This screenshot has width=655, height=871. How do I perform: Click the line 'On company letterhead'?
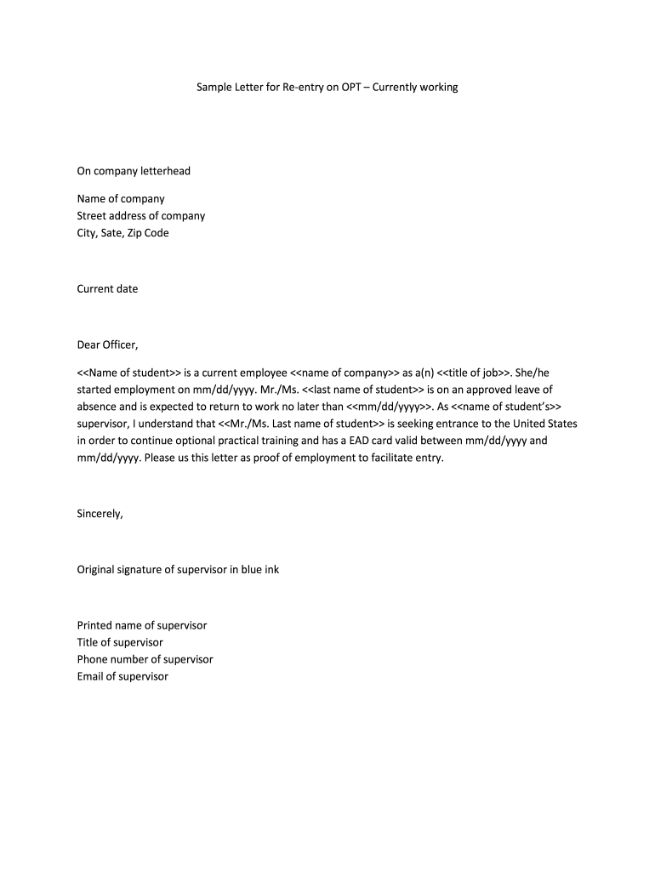pyautogui.click(x=134, y=171)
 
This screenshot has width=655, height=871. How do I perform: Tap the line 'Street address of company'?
pyautogui.click(x=141, y=216)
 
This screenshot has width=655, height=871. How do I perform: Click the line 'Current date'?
pyautogui.click(x=107, y=288)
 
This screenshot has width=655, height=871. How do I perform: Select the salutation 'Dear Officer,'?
pyautogui.click(x=107, y=344)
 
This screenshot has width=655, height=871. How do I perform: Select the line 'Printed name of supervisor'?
pyautogui.click(x=142, y=625)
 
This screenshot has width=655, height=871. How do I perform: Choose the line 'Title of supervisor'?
pyautogui.click(x=120, y=642)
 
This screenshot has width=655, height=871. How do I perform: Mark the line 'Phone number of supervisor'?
pyautogui.click(x=145, y=659)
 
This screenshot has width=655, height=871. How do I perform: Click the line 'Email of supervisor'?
pyautogui.click(x=122, y=676)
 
